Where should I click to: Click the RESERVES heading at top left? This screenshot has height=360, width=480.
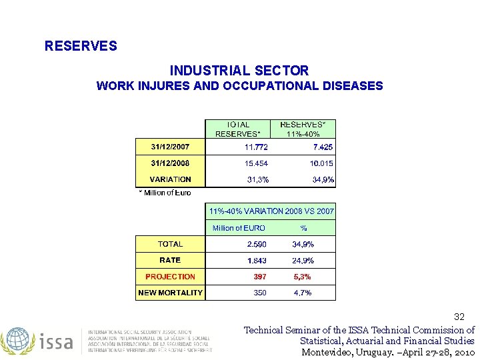pyautogui.click(x=81, y=46)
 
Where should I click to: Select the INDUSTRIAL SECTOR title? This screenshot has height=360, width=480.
pyautogui.click(x=239, y=70)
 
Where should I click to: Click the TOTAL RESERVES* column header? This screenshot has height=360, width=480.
pyautogui.click(x=238, y=129)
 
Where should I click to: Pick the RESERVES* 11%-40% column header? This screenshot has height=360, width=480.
pyautogui.click(x=303, y=129)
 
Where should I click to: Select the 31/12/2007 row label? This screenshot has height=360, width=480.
pyautogui.click(x=170, y=147)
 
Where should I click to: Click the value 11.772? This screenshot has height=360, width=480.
pyautogui.click(x=256, y=147)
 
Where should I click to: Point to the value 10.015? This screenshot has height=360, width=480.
pyautogui.click(x=321, y=163)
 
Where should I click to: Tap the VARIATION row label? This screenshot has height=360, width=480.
pyautogui.click(x=170, y=179)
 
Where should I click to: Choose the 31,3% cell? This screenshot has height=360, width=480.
pyautogui.click(x=258, y=179)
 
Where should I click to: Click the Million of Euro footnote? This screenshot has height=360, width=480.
pyautogui.click(x=165, y=193)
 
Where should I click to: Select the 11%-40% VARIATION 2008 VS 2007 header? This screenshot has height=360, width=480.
pyautogui.click(x=271, y=211)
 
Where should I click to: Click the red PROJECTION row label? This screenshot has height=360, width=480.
pyautogui.click(x=170, y=277)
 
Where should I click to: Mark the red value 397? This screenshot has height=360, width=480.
pyautogui.click(x=259, y=277)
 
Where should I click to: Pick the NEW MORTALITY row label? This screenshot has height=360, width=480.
pyautogui.click(x=170, y=293)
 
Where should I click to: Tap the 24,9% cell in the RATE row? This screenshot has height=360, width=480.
pyautogui.click(x=303, y=261)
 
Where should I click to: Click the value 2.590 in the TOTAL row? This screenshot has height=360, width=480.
pyautogui.click(x=257, y=245)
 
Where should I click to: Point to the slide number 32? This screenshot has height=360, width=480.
pyautogui.click(x=459, y=317)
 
